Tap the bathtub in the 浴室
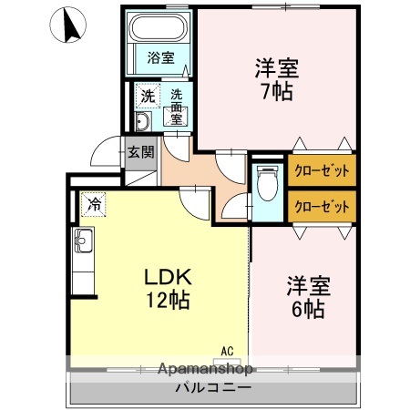(x=159, y=32)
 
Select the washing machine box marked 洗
(x=147, y=96)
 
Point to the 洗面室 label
(x=176, y=102)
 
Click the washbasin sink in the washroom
(x=144, y=123)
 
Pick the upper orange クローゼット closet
(x=321, y=170)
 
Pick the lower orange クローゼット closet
(x=321, y=206)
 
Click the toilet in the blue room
(x=267, y=187)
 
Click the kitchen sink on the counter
(x=83, y=243)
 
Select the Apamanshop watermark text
(x=207, y=369)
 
